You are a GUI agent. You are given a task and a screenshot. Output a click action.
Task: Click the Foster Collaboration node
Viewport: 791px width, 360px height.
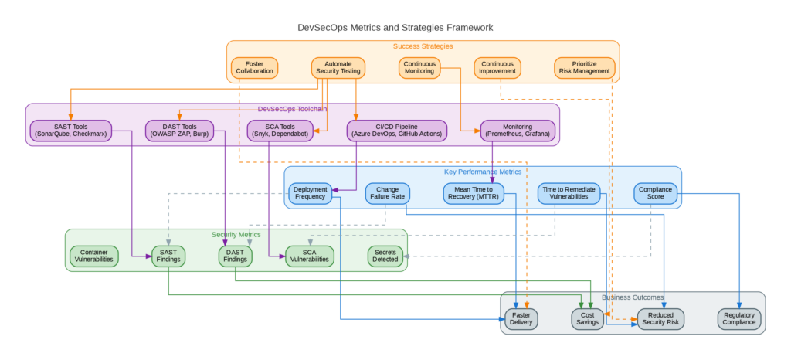point(254,67)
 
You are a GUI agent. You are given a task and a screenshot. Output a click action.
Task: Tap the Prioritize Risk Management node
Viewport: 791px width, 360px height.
point(585,67)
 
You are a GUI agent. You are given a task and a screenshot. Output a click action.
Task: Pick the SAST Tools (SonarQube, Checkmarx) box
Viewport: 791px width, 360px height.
point(70,130)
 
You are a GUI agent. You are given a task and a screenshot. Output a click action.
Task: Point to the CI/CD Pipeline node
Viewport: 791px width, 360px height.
point(397,130)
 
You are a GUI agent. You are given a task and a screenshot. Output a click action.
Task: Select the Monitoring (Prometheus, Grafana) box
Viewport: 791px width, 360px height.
point(518,130)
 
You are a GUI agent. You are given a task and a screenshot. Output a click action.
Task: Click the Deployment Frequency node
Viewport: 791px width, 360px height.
point(311,193)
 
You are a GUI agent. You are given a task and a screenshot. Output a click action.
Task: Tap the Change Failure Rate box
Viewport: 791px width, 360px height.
point(388,193)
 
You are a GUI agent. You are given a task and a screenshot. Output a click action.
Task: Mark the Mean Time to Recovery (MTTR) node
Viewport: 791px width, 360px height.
point(474,193)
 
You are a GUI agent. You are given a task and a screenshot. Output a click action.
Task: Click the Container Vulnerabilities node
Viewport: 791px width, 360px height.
point(94,256)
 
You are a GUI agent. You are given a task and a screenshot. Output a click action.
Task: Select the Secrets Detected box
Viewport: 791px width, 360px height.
point(385,256)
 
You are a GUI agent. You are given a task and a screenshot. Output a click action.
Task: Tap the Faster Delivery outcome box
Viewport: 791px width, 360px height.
point(521,318)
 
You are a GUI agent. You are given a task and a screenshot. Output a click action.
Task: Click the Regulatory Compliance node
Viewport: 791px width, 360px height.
point(739,318)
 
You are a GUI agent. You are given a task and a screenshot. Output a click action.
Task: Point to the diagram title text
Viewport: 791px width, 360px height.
point(395,28)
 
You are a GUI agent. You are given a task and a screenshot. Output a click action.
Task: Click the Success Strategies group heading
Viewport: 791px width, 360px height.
point(423,46)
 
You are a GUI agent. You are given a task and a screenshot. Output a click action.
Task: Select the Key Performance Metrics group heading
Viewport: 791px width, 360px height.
point(483,172)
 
